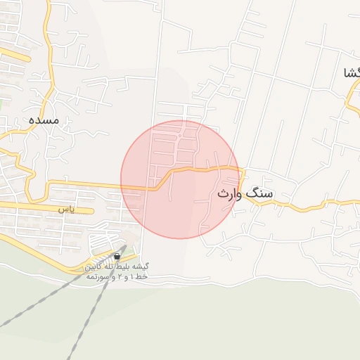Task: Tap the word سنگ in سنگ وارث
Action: (x=261, y=193)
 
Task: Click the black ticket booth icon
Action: (x=116, y=257)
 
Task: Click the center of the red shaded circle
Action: (x=180, y=179)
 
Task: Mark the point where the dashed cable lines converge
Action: (x=127, y=245)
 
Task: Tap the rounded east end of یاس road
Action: (x=91, y=210)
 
